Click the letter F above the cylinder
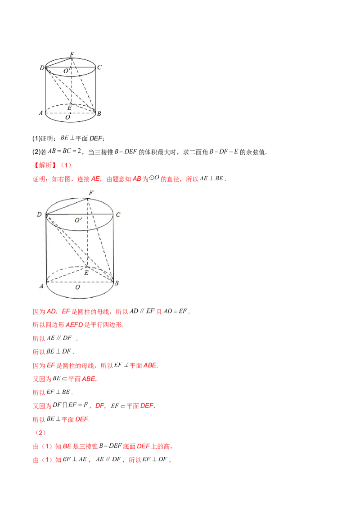pos(91,193)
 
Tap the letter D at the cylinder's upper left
pos(40,215)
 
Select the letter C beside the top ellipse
pos(118,215)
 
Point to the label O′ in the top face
pos(78,220)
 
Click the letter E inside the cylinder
pos(87,272)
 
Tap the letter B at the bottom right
pos(117,283)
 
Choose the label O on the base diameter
pos(78,287)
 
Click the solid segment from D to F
pos(67,206)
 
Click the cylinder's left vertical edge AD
pos(47,250)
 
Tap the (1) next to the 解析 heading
pos(66,165)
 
